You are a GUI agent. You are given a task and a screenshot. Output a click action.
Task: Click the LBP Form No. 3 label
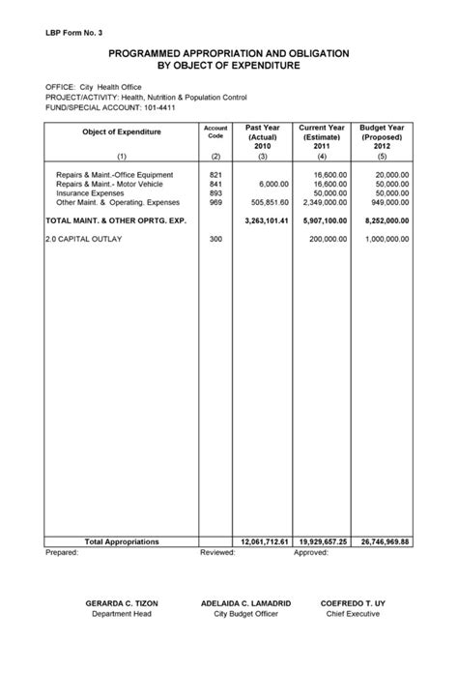coord(73,32)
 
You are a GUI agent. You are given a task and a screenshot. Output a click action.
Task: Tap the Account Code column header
coord(215,131)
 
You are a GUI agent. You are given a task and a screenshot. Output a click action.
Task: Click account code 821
coord(215,174)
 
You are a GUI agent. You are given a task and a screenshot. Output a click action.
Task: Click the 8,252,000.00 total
coord(384,220)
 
